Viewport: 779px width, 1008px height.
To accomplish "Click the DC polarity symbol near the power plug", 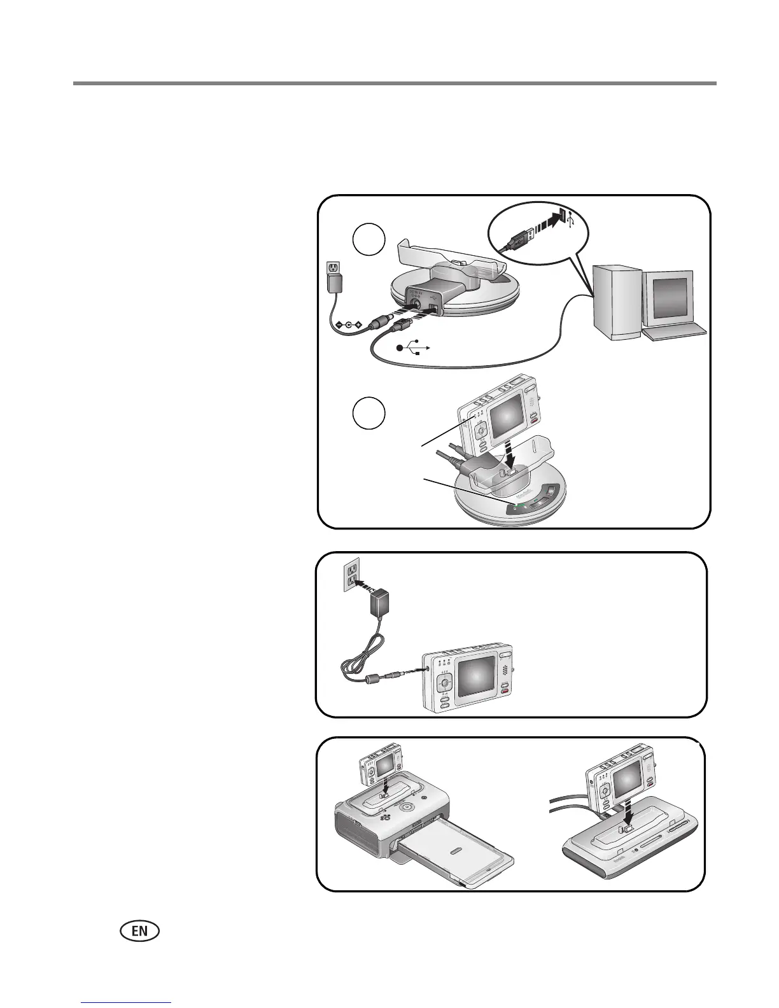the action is click(349, 325).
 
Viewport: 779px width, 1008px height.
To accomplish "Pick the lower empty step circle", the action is click(369, 414).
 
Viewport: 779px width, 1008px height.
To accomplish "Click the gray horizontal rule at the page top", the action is click(395, 83).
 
